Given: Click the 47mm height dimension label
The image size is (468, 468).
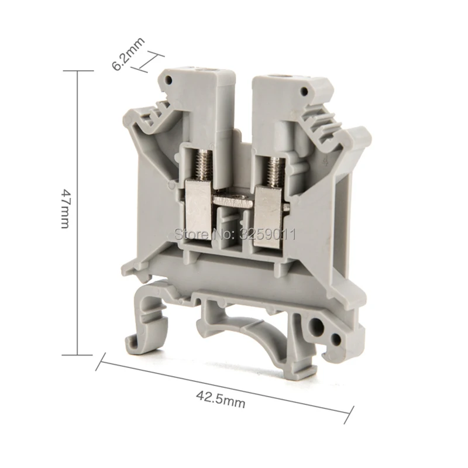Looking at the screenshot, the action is point(65,208).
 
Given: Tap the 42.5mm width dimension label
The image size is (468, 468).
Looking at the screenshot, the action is point(221,399).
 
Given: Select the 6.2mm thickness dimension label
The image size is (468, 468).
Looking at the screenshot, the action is point(128,54).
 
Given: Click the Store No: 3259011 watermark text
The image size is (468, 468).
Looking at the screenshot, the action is point(235,234).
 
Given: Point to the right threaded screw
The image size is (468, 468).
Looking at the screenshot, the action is point(274,171).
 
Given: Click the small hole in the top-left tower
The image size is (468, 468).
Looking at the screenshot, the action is point(169,80).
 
